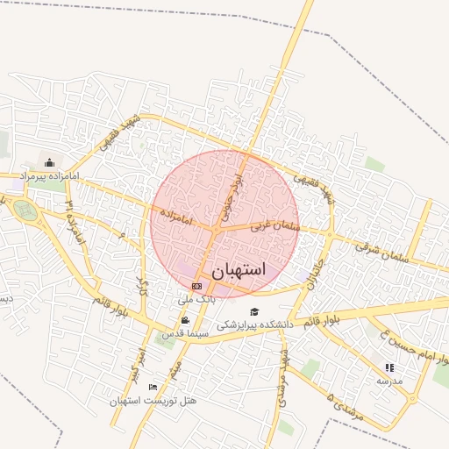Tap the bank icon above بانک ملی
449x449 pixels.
coord(196,286)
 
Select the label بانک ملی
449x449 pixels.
coord(196,299)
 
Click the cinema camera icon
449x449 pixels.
coord(185,320)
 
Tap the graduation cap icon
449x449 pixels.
coord(254,311)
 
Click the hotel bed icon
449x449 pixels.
coord(153,387)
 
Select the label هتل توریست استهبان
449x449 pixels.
coord(153,401)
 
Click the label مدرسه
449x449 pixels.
coord(389,381)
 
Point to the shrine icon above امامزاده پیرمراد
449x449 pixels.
coord(49,162)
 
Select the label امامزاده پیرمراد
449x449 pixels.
coord(49,176)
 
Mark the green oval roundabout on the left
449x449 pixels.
coord(25,210)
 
